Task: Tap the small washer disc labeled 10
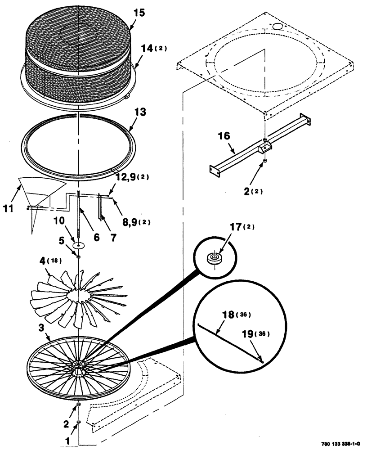[x=79, y=246]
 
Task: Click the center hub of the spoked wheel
[x=79, y=364]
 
